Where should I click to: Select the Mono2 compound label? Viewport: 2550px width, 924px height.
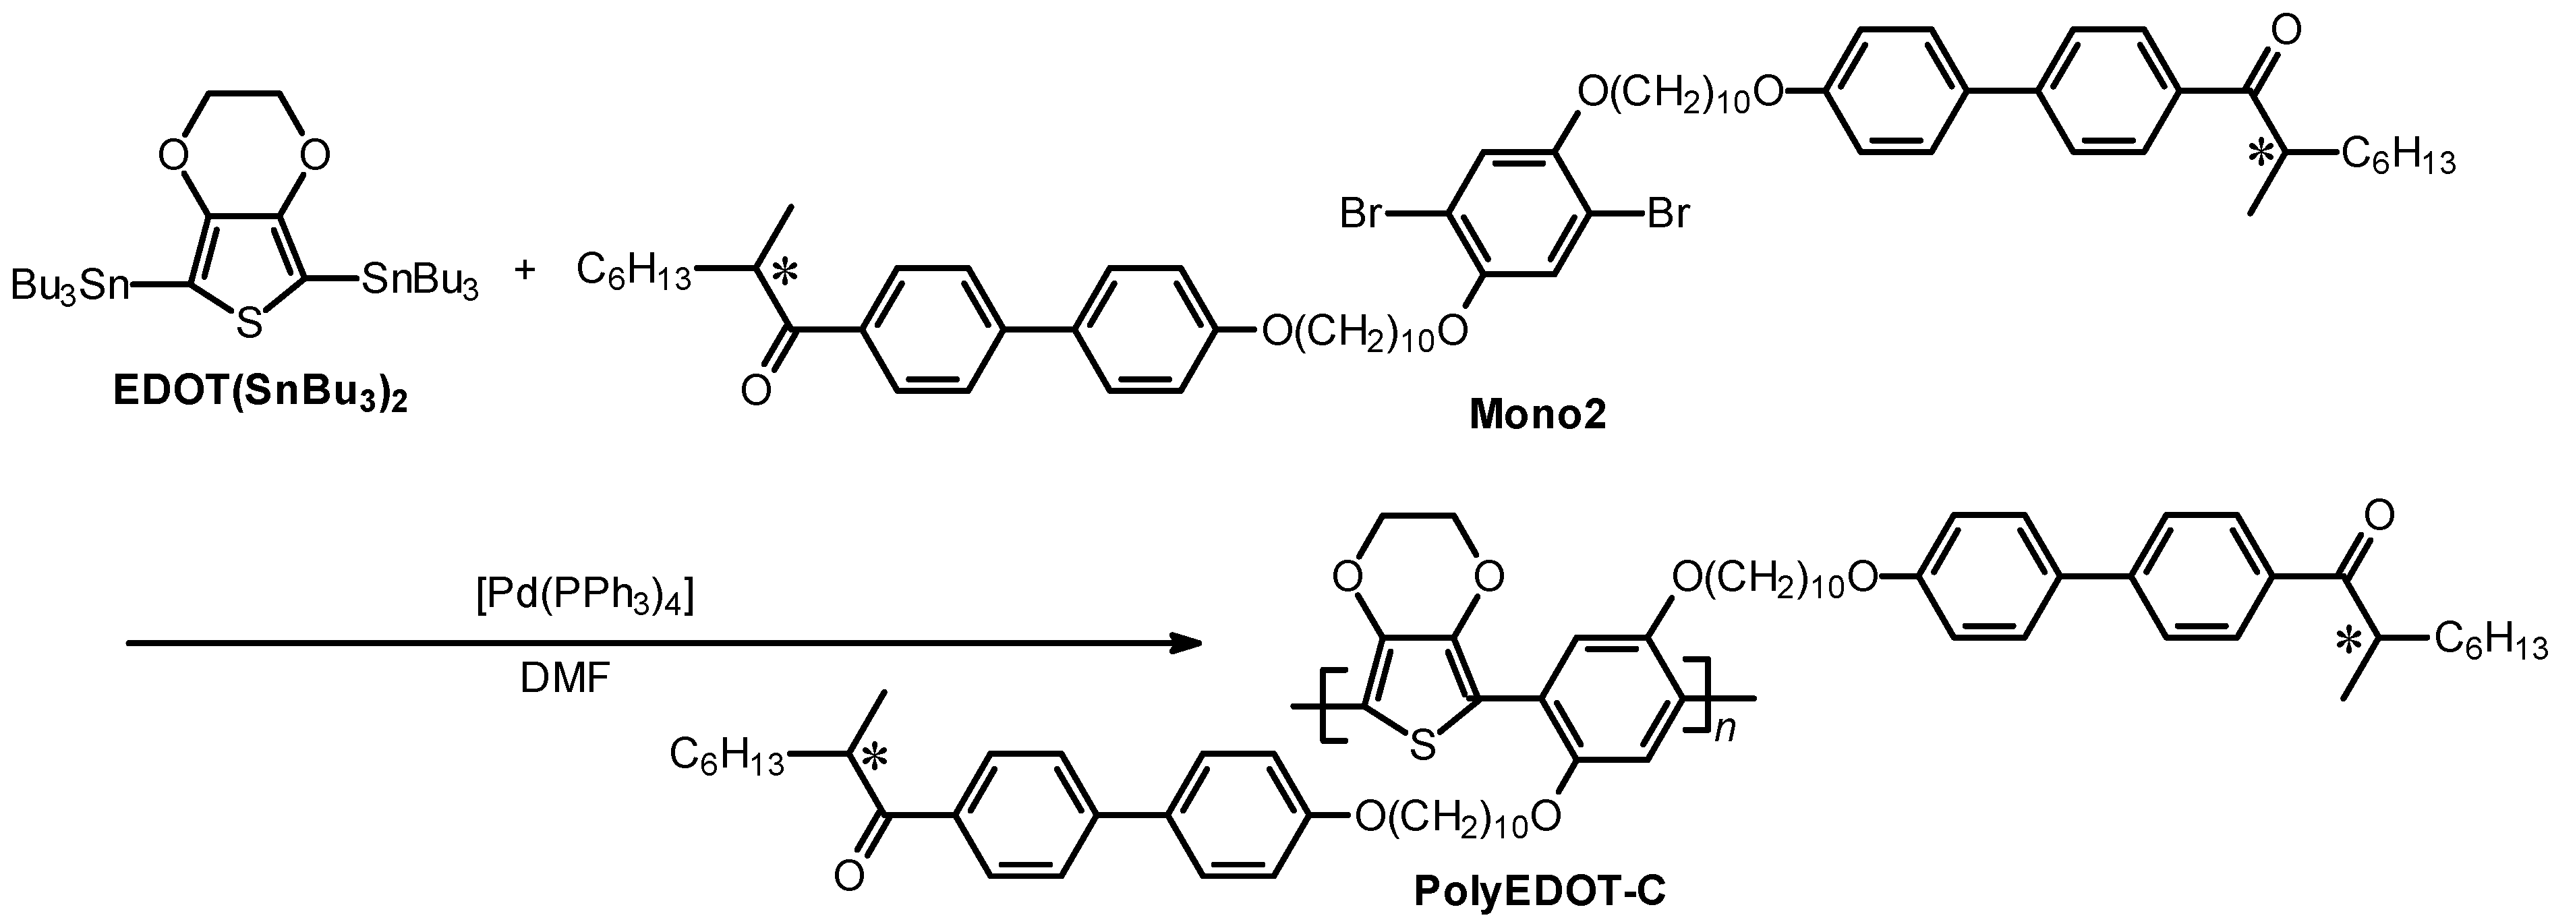click(x=1537, y=415)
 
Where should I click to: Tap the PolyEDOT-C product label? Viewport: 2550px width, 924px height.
click(x=1539, y=892)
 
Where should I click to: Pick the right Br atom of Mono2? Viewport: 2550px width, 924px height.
click(x=1668, y=214)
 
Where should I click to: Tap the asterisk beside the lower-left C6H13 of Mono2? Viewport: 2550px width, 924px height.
click(x=783, y=275)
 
